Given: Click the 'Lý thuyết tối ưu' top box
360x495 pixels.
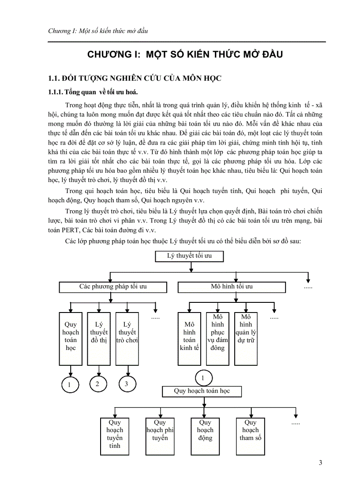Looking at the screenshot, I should pos(189,256).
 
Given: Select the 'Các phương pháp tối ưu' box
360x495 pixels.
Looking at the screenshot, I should pos(113,287).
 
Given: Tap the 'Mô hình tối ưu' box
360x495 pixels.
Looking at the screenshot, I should pos(232,287).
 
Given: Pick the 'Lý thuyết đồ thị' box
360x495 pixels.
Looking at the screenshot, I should pos(98,338).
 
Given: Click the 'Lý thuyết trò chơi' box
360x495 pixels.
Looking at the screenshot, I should pos(127,338).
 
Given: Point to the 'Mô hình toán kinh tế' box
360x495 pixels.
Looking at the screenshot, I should pos(189,338).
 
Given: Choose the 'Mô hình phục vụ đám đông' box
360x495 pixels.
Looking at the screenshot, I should pos(217,338).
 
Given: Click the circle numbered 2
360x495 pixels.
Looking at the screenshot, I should pos(98,384).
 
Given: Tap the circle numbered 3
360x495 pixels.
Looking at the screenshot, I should pos(126,384).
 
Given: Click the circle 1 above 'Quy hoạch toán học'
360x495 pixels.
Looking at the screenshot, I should pos(202,378).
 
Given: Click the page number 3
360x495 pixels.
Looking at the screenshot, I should pos(320,462).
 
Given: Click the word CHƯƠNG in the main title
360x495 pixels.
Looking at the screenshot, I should pos(108,55).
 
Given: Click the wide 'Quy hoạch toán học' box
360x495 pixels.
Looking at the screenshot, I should pos(202,391).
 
